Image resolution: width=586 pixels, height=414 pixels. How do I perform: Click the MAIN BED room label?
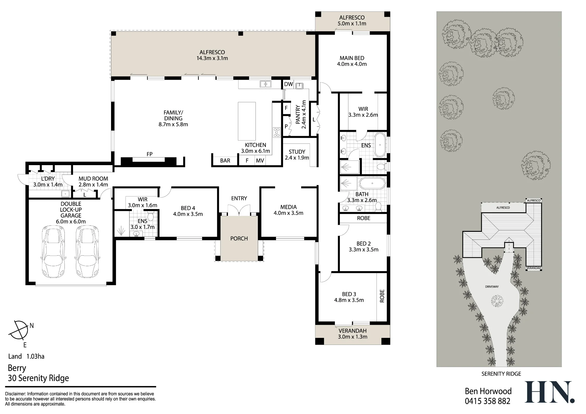[x=352, y=58]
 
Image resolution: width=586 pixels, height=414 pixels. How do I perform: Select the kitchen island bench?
[x=247, y=121]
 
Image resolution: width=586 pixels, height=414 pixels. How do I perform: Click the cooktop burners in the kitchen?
[x=276, y=132]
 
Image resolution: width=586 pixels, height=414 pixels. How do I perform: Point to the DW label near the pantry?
[x=289, y=84]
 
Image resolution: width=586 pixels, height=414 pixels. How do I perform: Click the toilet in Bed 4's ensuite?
[x=151, y=217]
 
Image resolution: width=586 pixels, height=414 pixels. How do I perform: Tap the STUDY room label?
[x=297, y=152]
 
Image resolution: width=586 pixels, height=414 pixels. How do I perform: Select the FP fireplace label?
[x=149, y=154]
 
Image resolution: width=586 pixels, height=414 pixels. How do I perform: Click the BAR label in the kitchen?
[x=225, y=160]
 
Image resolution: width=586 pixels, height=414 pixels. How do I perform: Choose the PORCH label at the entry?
[x=239, y=238]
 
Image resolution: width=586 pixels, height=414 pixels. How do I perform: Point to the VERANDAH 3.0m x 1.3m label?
[x=352, y=333]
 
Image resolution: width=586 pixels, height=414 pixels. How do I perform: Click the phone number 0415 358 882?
[x=488, y=401]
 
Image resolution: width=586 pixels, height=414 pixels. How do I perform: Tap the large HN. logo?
[x=549, y=392]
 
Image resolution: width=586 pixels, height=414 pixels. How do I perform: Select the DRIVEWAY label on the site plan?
[x=492, y=287]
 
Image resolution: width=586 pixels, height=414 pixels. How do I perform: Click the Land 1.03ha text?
[x=26, y=356]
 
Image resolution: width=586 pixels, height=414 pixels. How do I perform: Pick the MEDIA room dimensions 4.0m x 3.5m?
[x=288, y=213]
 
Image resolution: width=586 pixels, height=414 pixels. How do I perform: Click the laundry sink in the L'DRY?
[x=65, y=194]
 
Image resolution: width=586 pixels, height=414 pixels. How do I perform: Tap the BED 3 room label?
[x=349, y=294]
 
